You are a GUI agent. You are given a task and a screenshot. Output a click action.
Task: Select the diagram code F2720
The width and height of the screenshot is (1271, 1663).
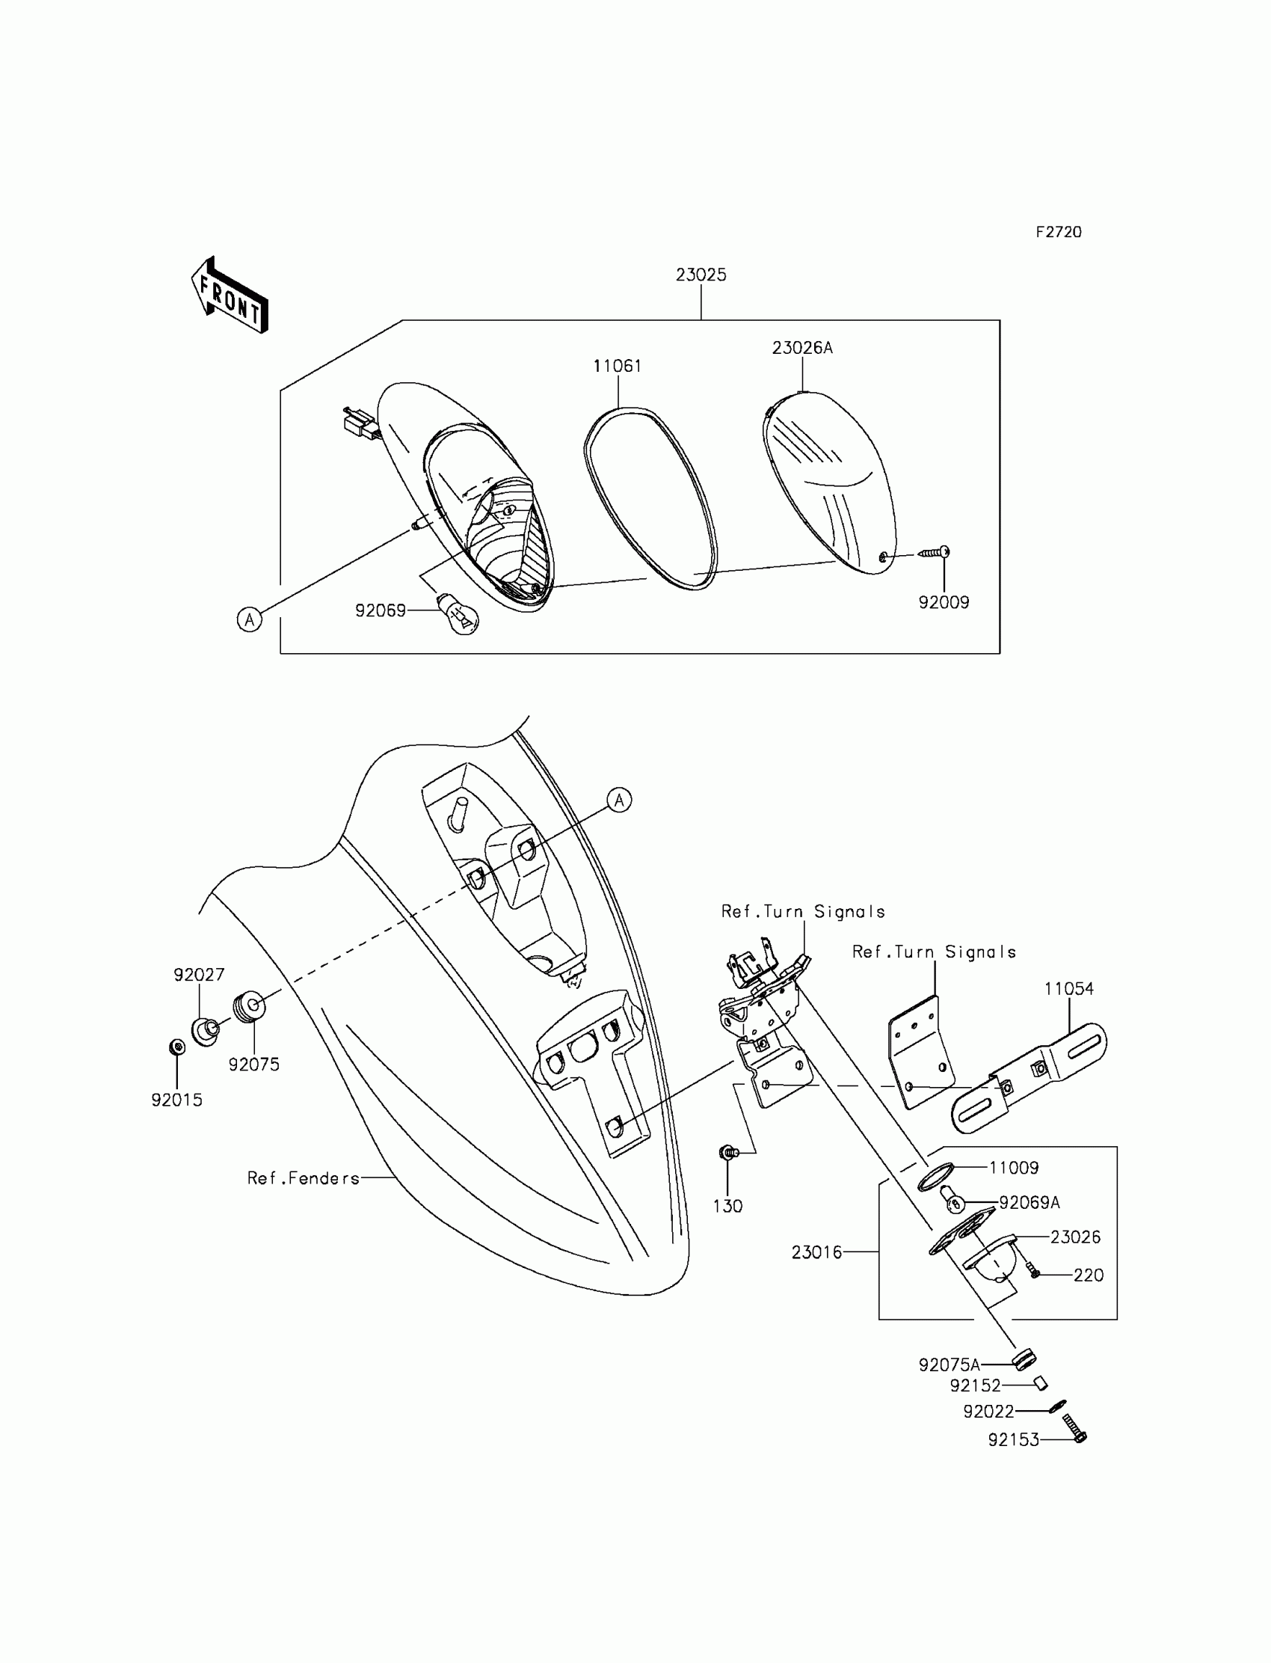(1059, 233)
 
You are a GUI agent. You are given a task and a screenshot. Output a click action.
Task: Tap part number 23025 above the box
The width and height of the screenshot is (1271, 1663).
(701, 275)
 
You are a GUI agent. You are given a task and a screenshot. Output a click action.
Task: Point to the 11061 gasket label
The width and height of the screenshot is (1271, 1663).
(618, 367)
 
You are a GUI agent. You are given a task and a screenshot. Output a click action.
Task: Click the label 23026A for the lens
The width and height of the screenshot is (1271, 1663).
(802, 348)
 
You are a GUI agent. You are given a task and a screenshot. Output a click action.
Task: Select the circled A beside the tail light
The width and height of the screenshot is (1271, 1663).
(249, 620)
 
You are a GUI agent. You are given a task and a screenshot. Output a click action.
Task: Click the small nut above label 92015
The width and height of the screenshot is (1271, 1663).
(177, 1047)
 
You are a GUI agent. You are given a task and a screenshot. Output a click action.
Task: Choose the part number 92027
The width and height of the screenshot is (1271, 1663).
(199, 975)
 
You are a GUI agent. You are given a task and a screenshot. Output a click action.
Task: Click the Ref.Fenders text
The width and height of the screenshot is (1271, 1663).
(304, 1178)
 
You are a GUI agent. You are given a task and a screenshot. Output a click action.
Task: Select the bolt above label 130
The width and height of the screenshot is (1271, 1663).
(727, 1153)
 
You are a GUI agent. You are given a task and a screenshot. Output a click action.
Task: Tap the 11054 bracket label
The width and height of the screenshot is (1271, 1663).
(1069, 988)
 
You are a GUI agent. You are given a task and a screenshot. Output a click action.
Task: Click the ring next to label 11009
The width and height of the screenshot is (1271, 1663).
(935, 1177)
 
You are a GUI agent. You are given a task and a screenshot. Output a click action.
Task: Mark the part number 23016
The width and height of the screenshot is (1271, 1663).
(816, 1253)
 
